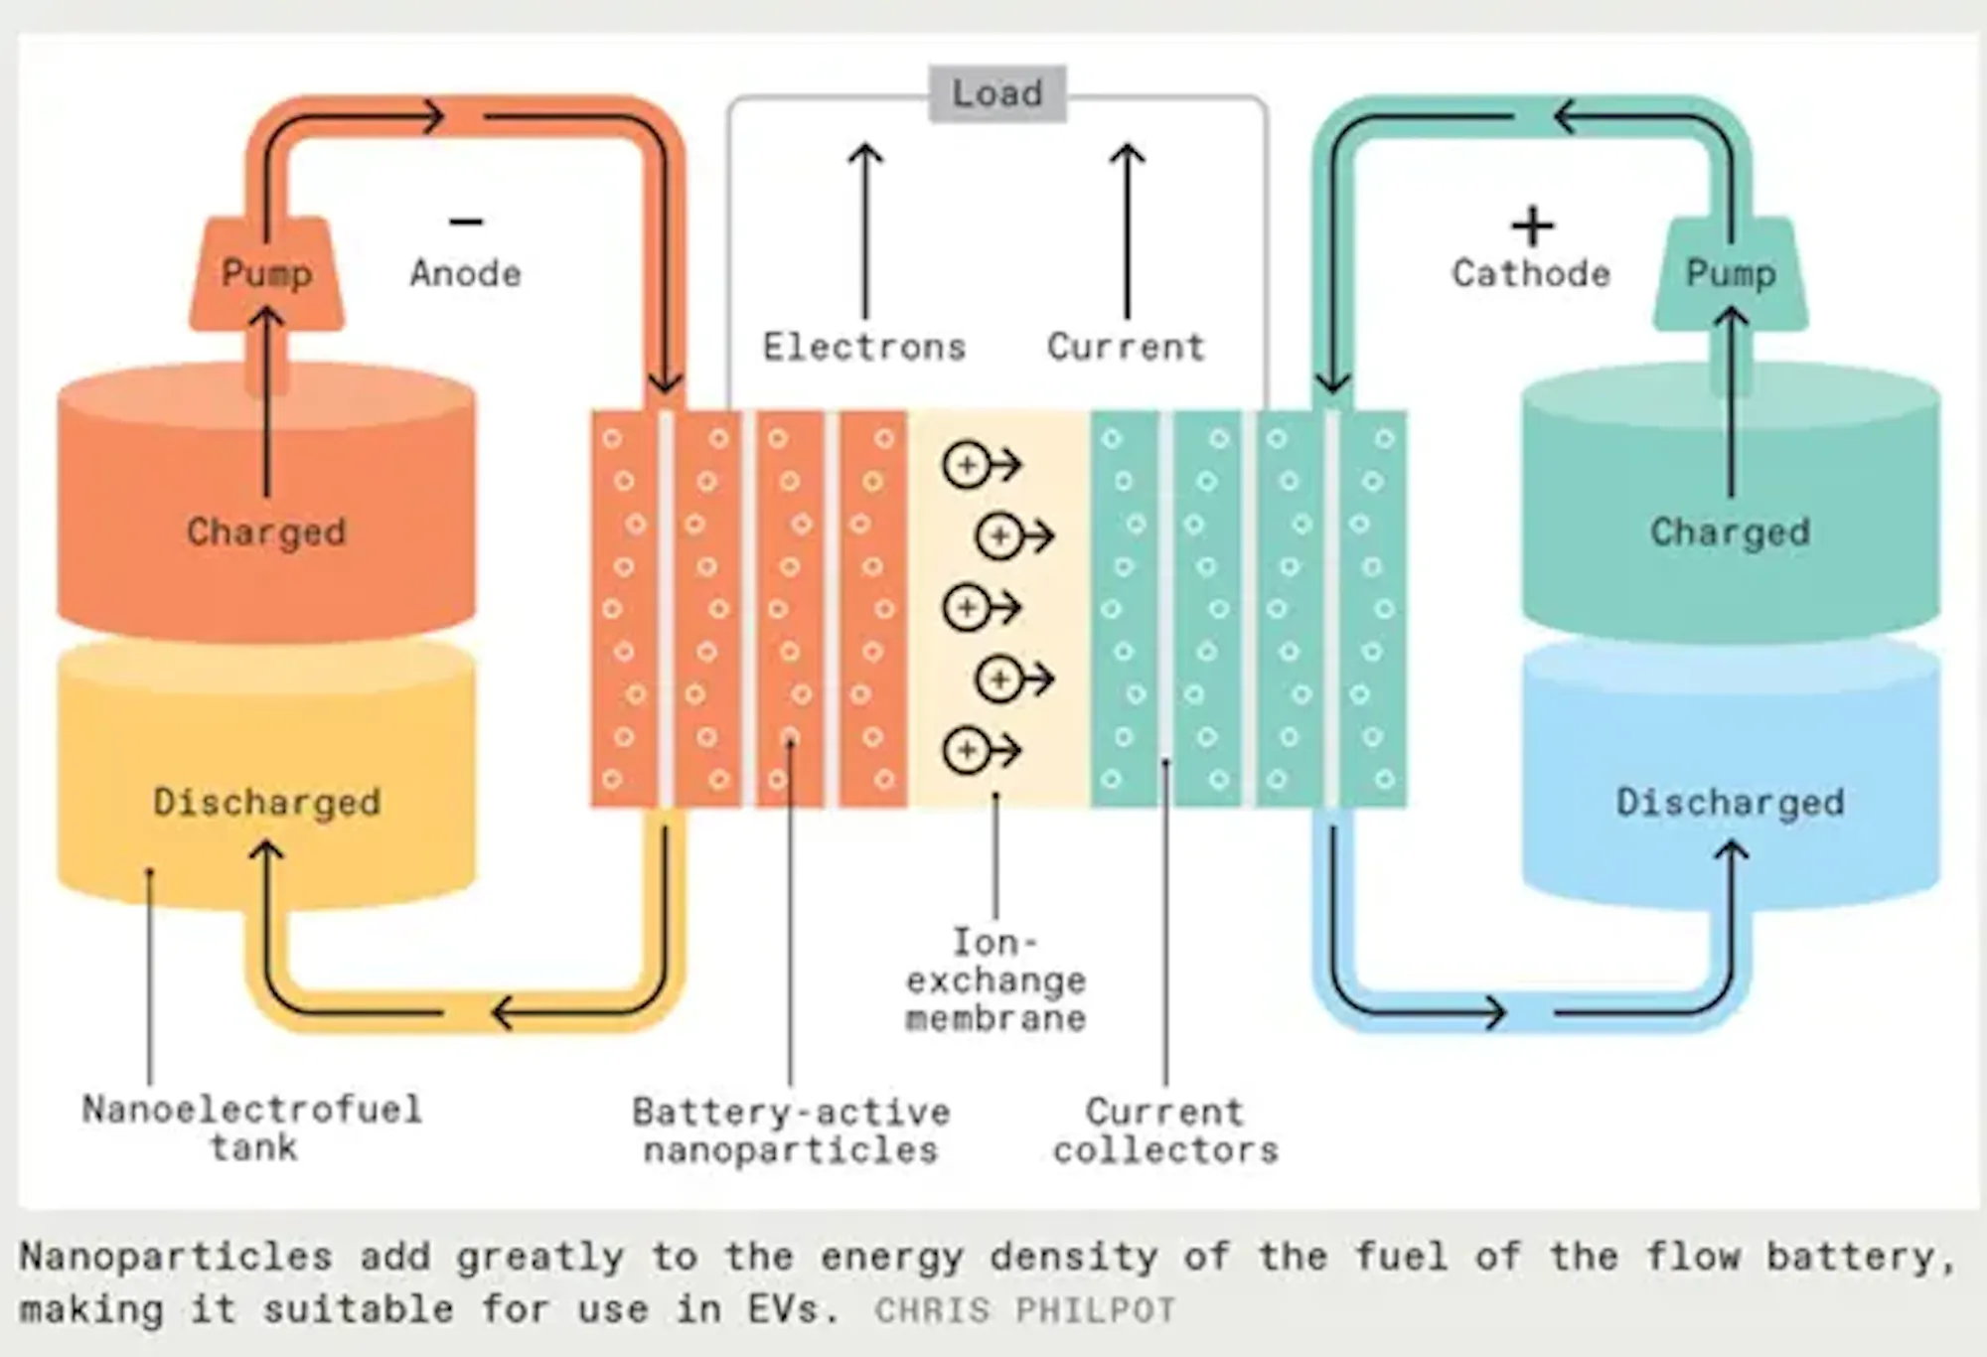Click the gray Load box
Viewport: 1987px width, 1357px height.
(997, 93)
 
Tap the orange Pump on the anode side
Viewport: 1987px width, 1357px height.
(266, 273)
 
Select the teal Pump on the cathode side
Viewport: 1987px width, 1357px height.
(1731, 273)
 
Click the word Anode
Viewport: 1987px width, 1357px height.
(465, 273)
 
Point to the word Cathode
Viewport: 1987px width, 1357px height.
(1531, 273)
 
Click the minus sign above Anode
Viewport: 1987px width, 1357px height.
(466, 222)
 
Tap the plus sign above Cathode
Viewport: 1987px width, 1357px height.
(1532, 226)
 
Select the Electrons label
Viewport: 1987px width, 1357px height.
(864, 347)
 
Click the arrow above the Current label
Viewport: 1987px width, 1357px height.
(1127, 230)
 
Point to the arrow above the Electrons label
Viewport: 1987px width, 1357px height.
(865, 230)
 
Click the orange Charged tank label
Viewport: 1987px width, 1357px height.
(266, 532)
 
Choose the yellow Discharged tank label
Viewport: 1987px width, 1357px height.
(266, 802)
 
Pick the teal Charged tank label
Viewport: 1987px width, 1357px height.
(1730, 532)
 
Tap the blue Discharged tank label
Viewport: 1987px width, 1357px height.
(1730, 802)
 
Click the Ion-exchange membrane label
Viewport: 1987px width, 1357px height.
(995, 980)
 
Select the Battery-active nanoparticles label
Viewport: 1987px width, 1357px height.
(791, 1131)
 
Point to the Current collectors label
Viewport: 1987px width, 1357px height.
(1165, 1131)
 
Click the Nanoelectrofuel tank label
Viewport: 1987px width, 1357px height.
(252, 1129)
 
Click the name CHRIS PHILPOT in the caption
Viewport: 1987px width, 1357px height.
(1025, 1310)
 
